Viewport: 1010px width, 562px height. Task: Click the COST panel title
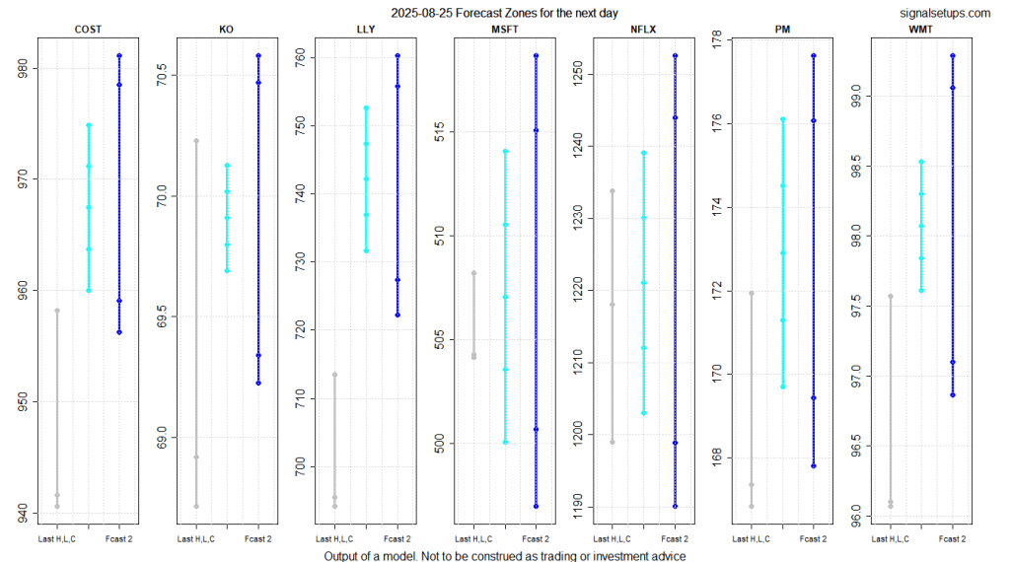coord(89,30)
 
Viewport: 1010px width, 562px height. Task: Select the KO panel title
coord(227,30)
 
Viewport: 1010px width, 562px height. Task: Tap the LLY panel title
coord(366,30)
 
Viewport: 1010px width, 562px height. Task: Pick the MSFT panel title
coord(505,30)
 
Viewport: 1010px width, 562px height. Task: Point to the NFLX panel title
coord(644,30)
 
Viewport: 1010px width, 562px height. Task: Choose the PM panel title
coord(783,30)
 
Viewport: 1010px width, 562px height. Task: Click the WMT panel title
coord(922,30)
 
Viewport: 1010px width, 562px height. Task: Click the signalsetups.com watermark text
coord(945,13)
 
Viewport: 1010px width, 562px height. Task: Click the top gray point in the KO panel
coord(196,141)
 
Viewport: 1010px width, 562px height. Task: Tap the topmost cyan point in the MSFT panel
coord(505,151)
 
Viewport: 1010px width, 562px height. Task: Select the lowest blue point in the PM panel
coord(814,465)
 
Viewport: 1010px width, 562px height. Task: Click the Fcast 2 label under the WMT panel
coord(952,538)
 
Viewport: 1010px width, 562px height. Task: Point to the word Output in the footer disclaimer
coord(343,555)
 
